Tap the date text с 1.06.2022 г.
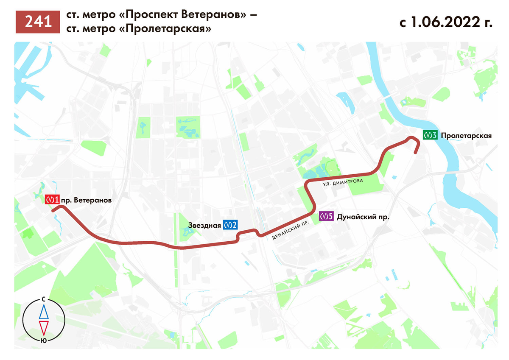445,22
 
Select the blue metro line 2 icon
230,225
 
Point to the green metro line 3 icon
430,136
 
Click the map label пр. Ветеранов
87,199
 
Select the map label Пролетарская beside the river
466,136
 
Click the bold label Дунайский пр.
363,217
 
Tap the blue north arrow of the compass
43,312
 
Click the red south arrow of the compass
43,327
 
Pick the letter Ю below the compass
43,340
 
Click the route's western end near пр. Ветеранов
53,210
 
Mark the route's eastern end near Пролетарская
416,153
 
